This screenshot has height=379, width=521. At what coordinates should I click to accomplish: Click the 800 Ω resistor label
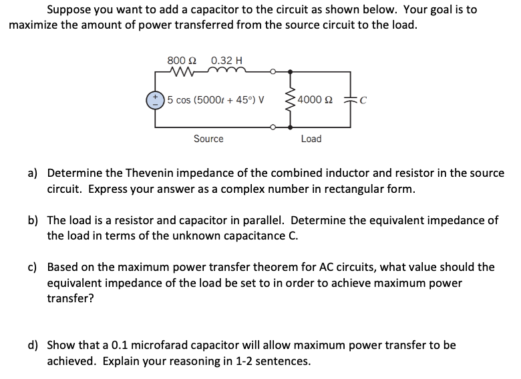click(180, 59)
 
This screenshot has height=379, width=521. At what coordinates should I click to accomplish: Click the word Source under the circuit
click(208, 139)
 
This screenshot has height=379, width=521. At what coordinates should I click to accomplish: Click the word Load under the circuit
click(311, 139)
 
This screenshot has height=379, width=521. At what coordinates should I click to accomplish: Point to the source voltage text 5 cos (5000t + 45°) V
click(215, 100)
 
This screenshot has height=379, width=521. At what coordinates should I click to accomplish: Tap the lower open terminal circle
click(272, 126)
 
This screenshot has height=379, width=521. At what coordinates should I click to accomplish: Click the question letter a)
click(32, 173)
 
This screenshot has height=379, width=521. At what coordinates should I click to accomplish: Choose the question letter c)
click(32, 268)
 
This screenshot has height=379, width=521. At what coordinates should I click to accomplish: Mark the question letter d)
click(32, 346)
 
